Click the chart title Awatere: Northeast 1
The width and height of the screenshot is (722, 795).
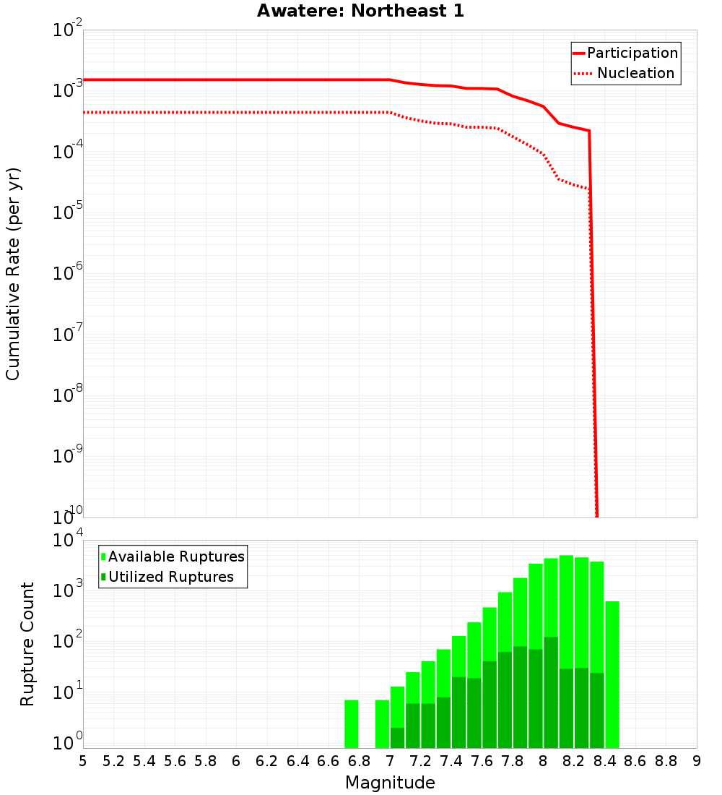coord(360,12)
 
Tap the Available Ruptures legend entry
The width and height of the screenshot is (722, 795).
coord(175,556)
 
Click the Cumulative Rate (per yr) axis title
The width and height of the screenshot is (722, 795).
coord(13,273)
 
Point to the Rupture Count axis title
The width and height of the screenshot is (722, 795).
coord(27,644)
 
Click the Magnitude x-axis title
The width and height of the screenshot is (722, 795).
coord(390,783)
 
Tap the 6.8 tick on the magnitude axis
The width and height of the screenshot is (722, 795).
coord(359,761)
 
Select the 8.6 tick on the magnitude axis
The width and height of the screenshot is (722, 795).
coord(635,761)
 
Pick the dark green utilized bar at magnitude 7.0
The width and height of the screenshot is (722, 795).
coord(397,738)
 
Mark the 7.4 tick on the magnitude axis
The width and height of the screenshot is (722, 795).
coord(451,761)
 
